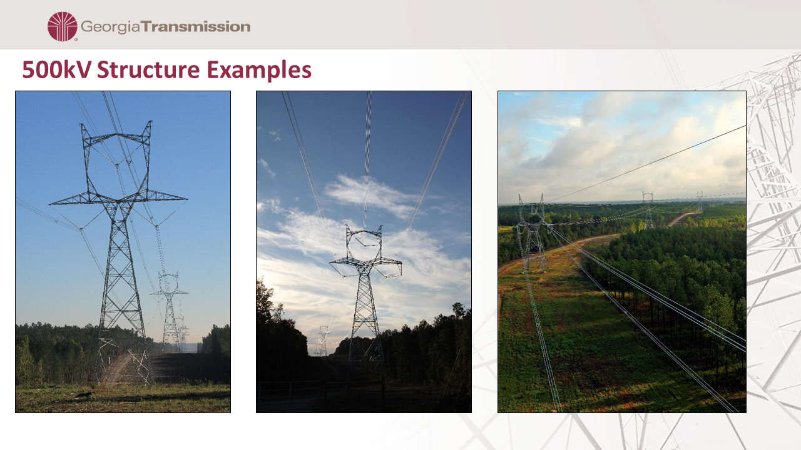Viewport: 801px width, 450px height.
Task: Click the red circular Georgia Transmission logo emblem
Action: point(63,26)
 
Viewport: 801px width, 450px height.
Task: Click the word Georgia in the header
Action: point(110,27)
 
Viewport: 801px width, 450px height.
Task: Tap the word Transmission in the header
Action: point(195,27)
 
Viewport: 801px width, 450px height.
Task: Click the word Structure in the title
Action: point(148,69)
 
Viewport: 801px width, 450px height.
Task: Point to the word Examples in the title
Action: point(259,70)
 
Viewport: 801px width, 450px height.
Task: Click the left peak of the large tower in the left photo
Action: point(82,124)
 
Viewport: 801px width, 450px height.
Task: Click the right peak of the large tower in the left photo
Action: point(150,122)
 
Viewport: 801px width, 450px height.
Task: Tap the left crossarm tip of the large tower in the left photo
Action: point(51,204)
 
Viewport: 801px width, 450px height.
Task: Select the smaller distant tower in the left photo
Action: point(169,310)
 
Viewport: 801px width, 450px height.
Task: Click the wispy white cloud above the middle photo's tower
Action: point(372,194)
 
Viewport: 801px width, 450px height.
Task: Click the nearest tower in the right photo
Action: point(532,233)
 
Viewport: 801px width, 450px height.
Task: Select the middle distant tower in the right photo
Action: point(648,210)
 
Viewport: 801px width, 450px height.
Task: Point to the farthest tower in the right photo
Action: point(700,202)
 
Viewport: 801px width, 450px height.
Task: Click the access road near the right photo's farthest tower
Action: point(683,218)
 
